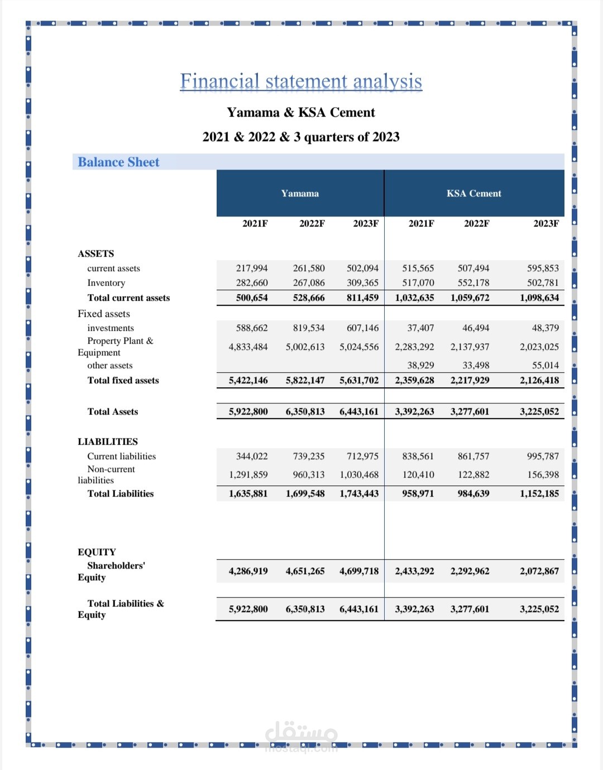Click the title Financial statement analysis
(x=301, y=81)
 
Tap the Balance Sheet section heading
(x=118, y=162)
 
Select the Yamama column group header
(x=300, y=194)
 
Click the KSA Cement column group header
(x=473, y=194)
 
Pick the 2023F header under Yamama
(x=365, y=224)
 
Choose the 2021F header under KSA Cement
(x=421, y=224)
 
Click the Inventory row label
(x=106, y=283)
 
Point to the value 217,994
(x=252, y=268)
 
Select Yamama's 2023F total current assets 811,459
(x=362, y=298)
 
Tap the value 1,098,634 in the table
(x=539, y=298)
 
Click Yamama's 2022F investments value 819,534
(x=309, y=328)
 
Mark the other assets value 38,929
(x=420, y=365)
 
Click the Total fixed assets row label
(x=123, y=381)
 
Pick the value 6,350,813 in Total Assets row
(x=305, y=412)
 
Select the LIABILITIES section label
(x=108, y=441)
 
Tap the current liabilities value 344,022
(x=252, y=456)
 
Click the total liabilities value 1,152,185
(x=539, y=494)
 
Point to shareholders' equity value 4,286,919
(x=248, y=571)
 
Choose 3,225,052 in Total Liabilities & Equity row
(x=539, y=609)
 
